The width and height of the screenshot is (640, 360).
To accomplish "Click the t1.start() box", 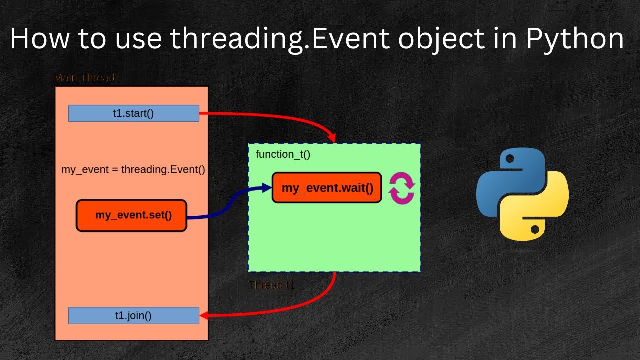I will coord(133,113).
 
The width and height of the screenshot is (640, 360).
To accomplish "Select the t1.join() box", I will coord(133,315).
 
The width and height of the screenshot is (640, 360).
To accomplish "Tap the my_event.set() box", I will coord(131,216).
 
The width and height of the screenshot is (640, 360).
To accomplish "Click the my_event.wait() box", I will coord(327,188).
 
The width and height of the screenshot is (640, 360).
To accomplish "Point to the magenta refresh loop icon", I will coord(402,188).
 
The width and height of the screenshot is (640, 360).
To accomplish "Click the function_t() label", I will coord(283,154).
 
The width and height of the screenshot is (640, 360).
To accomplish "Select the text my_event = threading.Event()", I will coord(133,169).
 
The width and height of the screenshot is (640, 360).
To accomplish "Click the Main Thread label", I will coord(84,78).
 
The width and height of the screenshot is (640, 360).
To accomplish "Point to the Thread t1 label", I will coord(272,285).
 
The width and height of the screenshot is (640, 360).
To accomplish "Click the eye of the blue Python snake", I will coord(510,159).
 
